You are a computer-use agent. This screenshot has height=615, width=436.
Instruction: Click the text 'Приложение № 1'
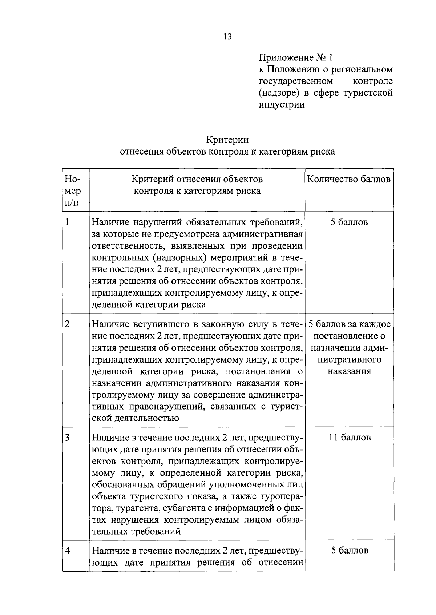(x=295, y=57)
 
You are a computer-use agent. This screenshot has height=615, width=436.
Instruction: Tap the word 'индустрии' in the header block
(x=282, y=105)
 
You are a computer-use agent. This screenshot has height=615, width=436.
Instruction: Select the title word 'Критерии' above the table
(x=227, y=140)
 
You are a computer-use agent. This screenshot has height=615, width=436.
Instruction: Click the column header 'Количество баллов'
(x=349, y=179)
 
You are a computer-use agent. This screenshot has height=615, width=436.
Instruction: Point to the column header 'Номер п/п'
(x=73, y=191)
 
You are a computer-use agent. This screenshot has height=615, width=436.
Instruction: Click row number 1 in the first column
(x=67, y=222)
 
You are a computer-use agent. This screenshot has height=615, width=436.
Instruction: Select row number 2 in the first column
(x=67, y=324)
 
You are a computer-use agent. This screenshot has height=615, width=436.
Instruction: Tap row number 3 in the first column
(x=67, y=437)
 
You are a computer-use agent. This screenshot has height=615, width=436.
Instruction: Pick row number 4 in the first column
(x=67, y=550)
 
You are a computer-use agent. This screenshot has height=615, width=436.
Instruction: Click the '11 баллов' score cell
(x=350, y=437)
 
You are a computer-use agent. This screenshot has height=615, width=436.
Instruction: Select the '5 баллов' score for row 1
(x=349, y=222)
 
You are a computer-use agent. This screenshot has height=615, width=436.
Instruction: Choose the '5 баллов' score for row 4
(x=350, y=550)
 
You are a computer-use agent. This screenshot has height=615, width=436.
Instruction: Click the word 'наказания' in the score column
(x=350, y=371)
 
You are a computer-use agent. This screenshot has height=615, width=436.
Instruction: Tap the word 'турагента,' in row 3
(x=125, y=508)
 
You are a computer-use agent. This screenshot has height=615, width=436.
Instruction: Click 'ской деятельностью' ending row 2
(x=136, y=418)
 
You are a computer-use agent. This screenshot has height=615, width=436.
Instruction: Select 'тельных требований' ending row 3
(x=136, y=532)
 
